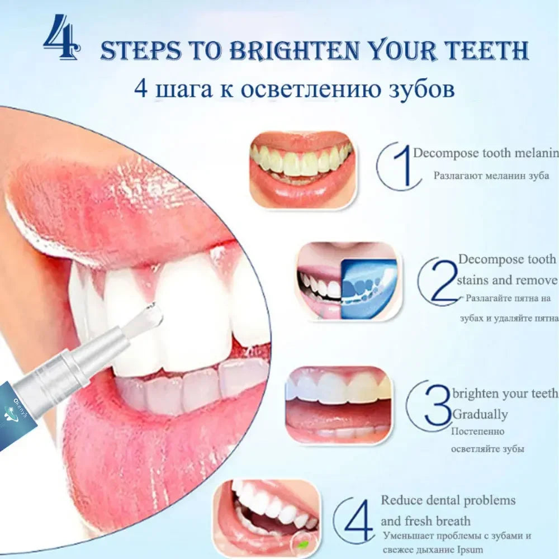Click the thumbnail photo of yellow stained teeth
pos(302,169)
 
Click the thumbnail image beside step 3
pos(338,404)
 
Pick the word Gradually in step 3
pos(480,414)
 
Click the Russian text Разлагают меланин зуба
pos(491,176)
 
